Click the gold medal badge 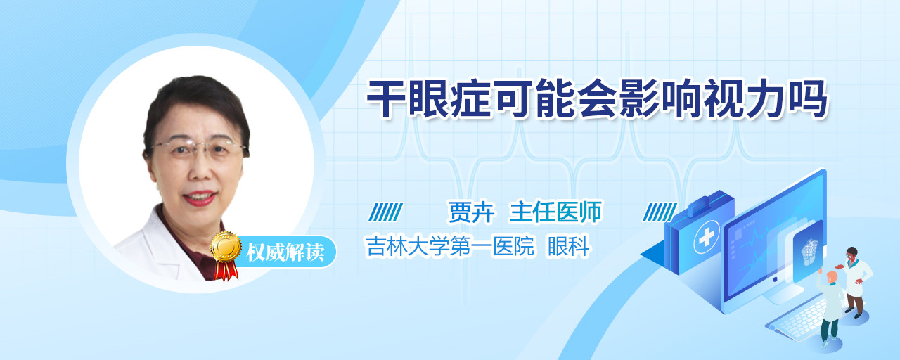[226, 247]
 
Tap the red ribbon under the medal [226, 271]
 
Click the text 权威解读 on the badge [285, 252]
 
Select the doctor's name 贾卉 [471, 212]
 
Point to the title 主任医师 [555, 212]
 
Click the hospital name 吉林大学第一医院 [450, 246]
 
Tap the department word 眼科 [569, 246]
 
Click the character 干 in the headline [386, 99]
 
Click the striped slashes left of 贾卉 [385, 212]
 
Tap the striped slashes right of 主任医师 [660, 212]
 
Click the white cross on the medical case [707, 238]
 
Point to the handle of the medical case [704, 202]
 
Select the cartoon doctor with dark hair [854, 281]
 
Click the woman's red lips [199, 198]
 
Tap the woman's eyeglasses [198, 150]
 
